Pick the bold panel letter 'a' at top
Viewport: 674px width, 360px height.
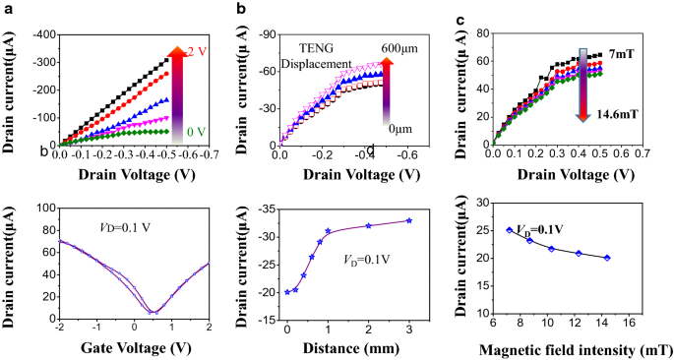[9, 8]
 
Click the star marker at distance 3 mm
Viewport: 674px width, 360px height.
[409, 220]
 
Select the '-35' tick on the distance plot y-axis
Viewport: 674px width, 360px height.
[266, 208]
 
